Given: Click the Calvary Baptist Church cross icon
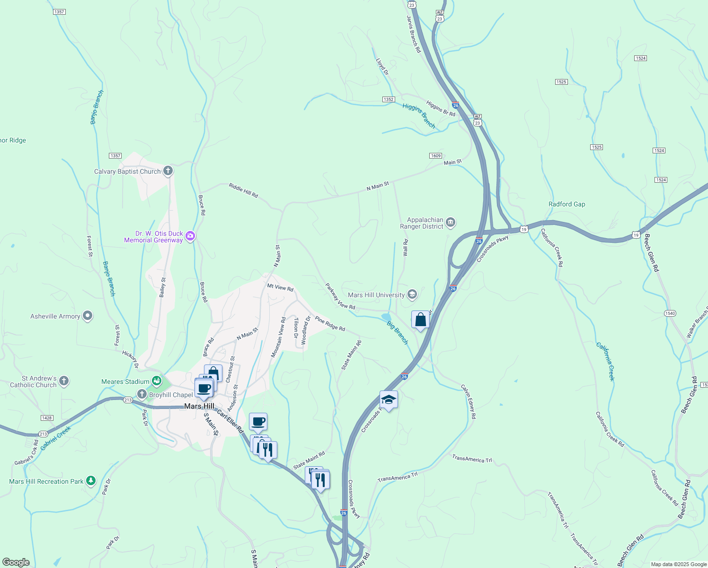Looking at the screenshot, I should pyautogui.click(x=168, y=171).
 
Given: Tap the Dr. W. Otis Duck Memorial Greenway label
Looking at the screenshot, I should pyautogui.click(x=153, y=237).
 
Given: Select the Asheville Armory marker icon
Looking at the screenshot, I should pyautogui.click(x=88, y=316).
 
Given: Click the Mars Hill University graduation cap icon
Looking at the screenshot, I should pyautogui.click(x=412, y=295).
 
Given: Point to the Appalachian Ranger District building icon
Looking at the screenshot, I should pyautogui.click(x=451, y=222).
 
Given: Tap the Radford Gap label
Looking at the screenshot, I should pyautogui.click(x=566, y=204).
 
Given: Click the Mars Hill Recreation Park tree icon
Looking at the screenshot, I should pyautogui.click(x=91, y=481).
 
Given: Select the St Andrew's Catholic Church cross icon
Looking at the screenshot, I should pyautogui.click(x=64, y=381).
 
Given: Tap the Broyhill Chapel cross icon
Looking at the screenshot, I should pyautogui.click(x=142, y=394).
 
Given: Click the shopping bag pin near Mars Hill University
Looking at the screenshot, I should pyautogui.click(x=420, y=320).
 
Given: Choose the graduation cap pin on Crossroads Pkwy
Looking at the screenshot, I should pyautogui.click(x=389, y=400).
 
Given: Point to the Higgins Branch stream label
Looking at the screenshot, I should pyautogui.click(x=419, y=115).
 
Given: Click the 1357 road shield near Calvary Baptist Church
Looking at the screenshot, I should pyautogui.click(x=115, y=156).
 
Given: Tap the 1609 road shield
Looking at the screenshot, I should pyautogui.click(x=435, y=156).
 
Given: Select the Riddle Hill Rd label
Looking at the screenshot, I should pyautogui.click(x=243, y=190).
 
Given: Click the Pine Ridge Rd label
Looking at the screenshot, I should pyautogui.click(x=330, y=324).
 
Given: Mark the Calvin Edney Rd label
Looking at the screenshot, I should pyautogui.click(x=469, y=401).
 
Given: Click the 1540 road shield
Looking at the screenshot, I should pyautogui.click(x=670, y=313).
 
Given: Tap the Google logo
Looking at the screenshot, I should pyautogui.click(x=16, y=562).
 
